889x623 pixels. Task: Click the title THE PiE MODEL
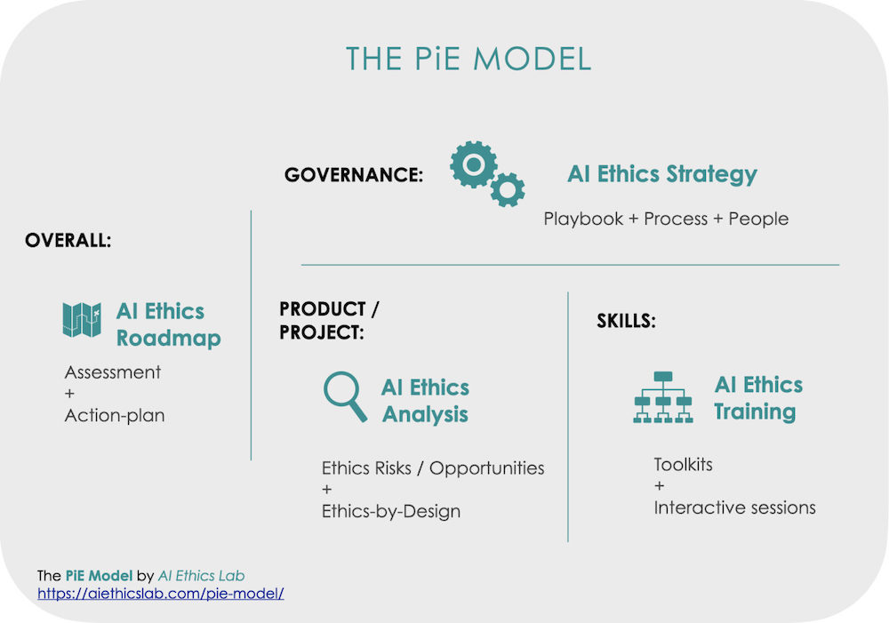(469, 59)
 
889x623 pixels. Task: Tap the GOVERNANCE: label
(354, 174)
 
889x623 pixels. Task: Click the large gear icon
(474, 164)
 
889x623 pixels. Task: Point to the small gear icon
(508, 189)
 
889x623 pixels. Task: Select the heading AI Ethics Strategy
(662, 174)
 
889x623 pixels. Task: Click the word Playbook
(583, 219)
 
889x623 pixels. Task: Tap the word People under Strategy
(758, 219)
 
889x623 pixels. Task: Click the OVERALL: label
(68, 240)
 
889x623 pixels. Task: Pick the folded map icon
(82, 320)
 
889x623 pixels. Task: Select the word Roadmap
(168, 339)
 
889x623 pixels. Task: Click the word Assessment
(113, 372)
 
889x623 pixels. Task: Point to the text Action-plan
(115, 416)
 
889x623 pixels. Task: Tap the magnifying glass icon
(345, 396)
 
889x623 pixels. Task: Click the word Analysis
(425, 414)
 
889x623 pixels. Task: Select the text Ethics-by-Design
(391, 511)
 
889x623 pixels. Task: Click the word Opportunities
(486, 468)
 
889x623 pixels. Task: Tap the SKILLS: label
(627, 322)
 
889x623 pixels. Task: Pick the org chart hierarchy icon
(663, 397)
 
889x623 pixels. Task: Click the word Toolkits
(683, 465)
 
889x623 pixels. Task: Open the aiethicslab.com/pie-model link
(160, 594)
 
